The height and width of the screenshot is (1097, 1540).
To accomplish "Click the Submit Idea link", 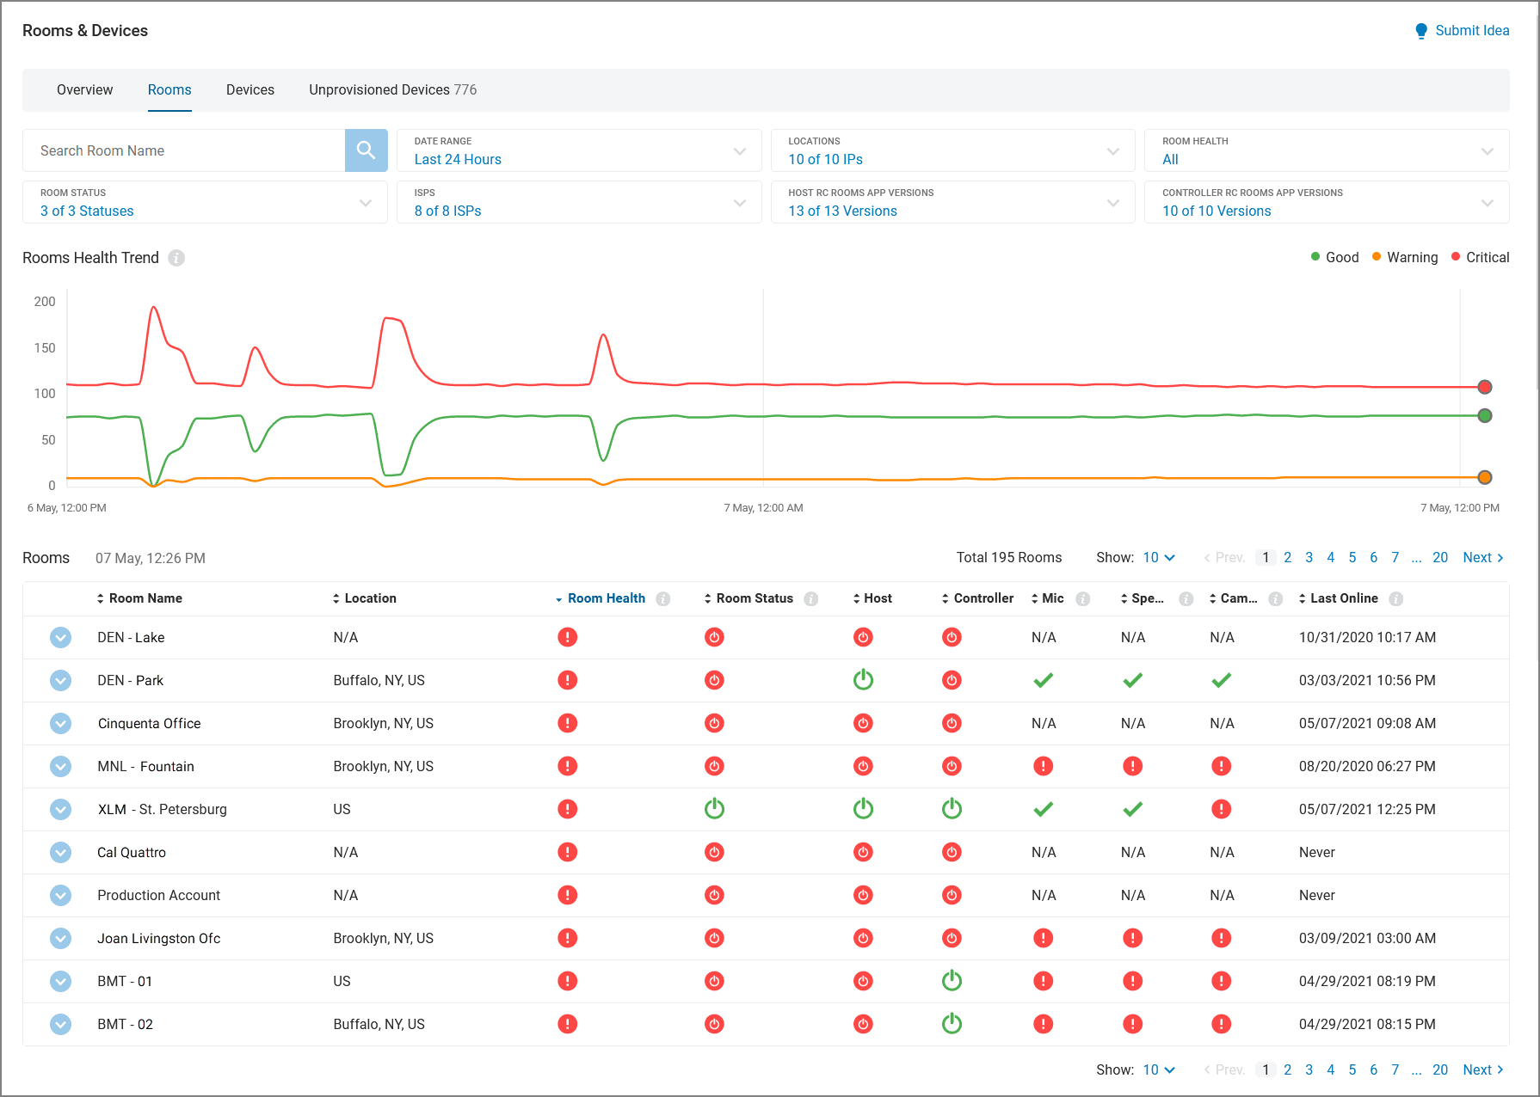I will tap(1471, 31).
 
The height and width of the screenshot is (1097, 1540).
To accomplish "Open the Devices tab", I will tap(249, 89).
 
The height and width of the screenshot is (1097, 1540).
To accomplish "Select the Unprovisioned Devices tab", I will tap(392, 89).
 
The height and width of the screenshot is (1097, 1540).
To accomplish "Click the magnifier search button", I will tap(366, 150).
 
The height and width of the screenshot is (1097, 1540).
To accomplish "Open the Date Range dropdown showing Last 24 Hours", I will tap(578, 150).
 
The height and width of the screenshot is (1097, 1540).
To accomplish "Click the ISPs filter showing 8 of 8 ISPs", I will tap(578, 202).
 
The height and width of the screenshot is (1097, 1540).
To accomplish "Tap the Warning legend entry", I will tap(1411, 257).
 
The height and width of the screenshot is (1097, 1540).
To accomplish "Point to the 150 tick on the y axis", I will tap(45, 348).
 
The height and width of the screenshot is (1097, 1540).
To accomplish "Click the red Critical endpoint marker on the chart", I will tap(1484, 387).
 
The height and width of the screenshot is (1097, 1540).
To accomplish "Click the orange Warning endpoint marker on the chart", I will tap(1484, 477).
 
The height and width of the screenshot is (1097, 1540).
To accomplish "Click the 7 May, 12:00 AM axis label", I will tap(763, 508).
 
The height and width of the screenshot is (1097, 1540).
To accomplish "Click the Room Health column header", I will tap(606, 598).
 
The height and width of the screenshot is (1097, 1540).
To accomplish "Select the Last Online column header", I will tap(1343, 598).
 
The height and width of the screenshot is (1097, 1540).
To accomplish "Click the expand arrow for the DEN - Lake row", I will tap(60, 637).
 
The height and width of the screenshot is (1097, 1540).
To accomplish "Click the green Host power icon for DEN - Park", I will tap(863, 680).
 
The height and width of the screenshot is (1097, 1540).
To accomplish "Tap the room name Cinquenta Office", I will tap(149, 723).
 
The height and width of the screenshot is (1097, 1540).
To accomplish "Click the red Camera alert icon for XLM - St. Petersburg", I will tap(1221, 809).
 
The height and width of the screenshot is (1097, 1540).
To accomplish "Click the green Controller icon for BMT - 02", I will tap(952, 1024).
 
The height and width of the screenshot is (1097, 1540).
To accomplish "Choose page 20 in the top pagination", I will tap(1439, 557).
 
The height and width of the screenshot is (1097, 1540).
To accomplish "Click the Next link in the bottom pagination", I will tap(1481, 1069).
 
